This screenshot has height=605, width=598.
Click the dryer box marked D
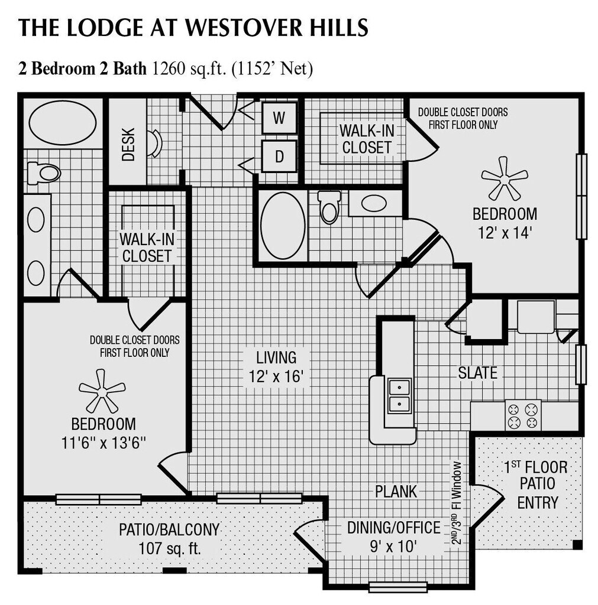coord(279,156)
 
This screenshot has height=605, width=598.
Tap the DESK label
coord(128,144)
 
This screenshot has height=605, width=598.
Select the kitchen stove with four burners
coord(523,415)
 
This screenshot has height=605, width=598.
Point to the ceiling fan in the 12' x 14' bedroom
coord(504,177)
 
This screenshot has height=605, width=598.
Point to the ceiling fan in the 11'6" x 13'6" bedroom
coord(102,390)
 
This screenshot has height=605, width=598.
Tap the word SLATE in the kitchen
coord(477,373)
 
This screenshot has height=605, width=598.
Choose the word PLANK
coord(396,491)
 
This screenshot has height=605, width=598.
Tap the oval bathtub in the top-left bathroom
coord(63,122)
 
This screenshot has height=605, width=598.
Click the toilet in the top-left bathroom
coord(44,173)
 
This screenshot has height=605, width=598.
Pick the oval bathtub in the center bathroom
coord(283,226)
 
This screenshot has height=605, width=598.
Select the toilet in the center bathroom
coord(329,206)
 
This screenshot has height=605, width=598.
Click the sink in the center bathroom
coord(374,203)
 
